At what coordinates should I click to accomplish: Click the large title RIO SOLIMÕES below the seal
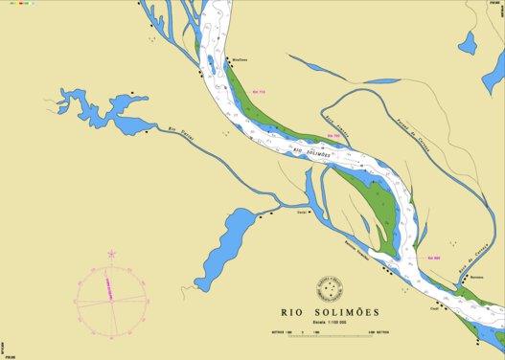click(330, 312)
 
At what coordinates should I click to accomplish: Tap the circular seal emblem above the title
click(330, 288)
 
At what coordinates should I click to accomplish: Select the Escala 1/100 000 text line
click(330, 323)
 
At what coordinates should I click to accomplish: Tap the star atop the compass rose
click(112, 254)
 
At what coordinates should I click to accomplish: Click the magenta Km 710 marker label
click(258, 92)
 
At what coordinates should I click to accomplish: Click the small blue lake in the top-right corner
click(468, 43)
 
